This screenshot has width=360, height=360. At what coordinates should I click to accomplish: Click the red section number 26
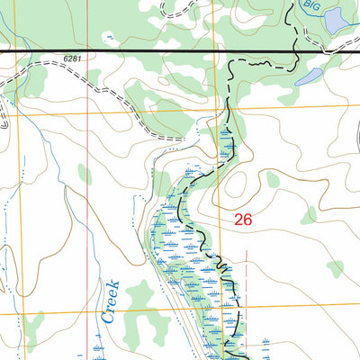(x=243, y=219)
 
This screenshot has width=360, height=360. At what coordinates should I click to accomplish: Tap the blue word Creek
(x=112, y=302)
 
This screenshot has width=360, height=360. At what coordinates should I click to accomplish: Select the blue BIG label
(x=311, y=5)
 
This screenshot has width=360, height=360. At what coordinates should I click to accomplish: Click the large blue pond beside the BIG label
(x=337, y=20)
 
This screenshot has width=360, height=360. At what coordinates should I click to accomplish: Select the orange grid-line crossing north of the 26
(x=213, y=109)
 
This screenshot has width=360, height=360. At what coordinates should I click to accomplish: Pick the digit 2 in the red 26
(x=238, y=219)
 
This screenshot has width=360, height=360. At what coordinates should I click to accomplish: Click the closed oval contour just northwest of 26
(x=236, y=184)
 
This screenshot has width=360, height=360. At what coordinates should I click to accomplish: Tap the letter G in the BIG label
(x=318, y=5)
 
